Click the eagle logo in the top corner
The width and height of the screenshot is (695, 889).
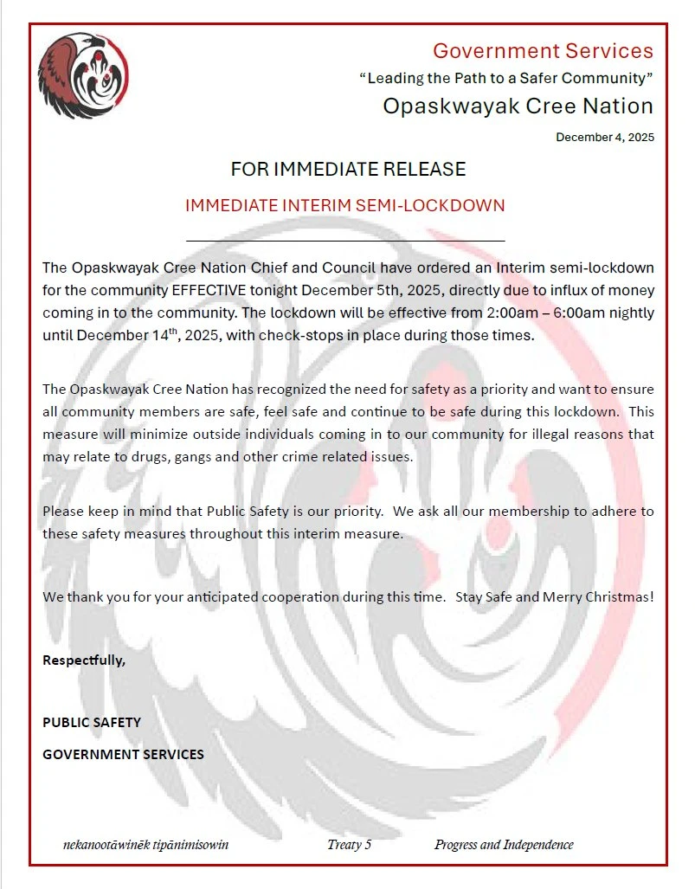point(83,76)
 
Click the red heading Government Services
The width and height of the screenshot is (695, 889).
point(543,51)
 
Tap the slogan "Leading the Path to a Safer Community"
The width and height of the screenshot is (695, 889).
point(505,78)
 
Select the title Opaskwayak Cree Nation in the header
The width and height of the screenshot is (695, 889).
point(518,106)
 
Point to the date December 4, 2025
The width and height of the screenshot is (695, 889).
point(604,137)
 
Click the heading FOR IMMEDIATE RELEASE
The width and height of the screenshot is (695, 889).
point(348,169)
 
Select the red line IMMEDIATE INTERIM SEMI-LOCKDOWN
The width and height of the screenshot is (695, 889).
point(344,206)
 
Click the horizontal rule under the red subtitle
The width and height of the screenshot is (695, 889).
point(345,240)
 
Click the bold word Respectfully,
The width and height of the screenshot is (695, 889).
point(84,660)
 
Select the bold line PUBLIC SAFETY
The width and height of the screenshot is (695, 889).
point(92,722)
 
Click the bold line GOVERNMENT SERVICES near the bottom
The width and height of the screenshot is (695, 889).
point(124,754)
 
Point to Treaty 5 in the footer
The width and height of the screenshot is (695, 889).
point(350,845)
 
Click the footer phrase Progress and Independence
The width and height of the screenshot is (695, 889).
point(504,845)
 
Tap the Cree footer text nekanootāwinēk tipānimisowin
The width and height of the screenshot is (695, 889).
point(146,845)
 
